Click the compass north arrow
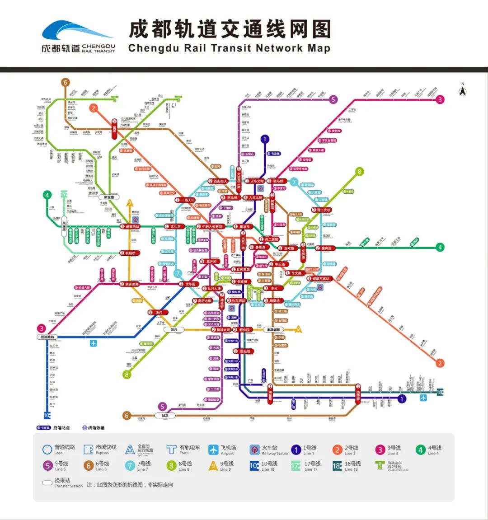click(462, 90)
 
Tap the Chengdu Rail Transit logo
click(78, 36)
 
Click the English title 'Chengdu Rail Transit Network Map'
click(229, 48)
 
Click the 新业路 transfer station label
click(109, 197)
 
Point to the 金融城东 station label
click(273, 330)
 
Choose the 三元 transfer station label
click(174, 330)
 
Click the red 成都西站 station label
click(130, 226)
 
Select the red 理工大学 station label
click(321, 210)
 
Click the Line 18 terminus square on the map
click(440, 392)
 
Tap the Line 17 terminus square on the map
click(64, 194)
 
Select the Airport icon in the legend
click(213, 450)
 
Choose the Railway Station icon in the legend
click(254, 450)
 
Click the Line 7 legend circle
click(130, 466)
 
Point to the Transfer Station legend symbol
click(47, 483)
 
